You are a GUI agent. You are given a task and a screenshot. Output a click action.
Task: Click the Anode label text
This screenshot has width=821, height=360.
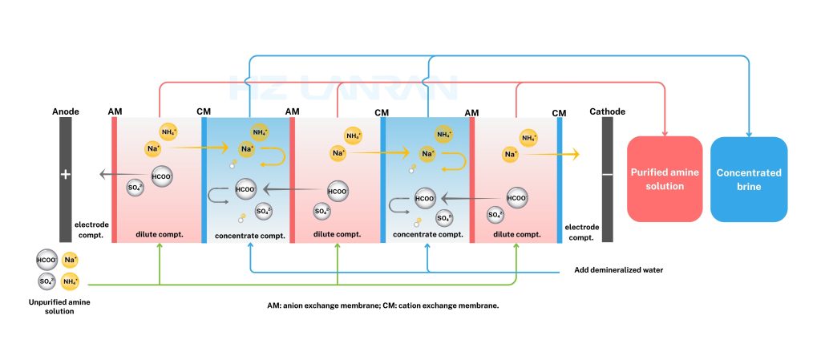(x=65, y=111)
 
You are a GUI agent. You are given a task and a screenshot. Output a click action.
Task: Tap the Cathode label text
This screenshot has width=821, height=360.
(x=607, y=111)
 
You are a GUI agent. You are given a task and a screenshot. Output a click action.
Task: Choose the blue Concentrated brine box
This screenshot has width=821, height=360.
(x=749, y=179)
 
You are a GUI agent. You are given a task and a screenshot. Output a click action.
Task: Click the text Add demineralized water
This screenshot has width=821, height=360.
(x=618, y=270)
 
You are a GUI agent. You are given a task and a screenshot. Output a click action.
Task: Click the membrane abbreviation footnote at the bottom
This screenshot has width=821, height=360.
(x=383, y=305)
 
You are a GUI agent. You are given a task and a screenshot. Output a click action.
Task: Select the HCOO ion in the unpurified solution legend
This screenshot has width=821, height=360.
(x=47, y=260)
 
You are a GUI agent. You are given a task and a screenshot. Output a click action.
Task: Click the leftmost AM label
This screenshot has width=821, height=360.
(x=115, y=112)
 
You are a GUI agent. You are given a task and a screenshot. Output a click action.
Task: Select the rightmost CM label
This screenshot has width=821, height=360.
(x=559, y=113)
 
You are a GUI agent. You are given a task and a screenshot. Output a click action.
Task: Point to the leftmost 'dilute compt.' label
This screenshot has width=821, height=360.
(x=160, y=234)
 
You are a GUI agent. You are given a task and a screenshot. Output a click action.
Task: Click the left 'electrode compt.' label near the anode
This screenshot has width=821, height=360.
(x=90, y=230)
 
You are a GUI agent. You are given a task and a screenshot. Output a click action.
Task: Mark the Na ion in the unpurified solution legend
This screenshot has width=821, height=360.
(x=71, y=260)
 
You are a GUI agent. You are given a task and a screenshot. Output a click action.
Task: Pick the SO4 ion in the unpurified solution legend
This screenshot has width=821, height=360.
(x=47, y=281)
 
